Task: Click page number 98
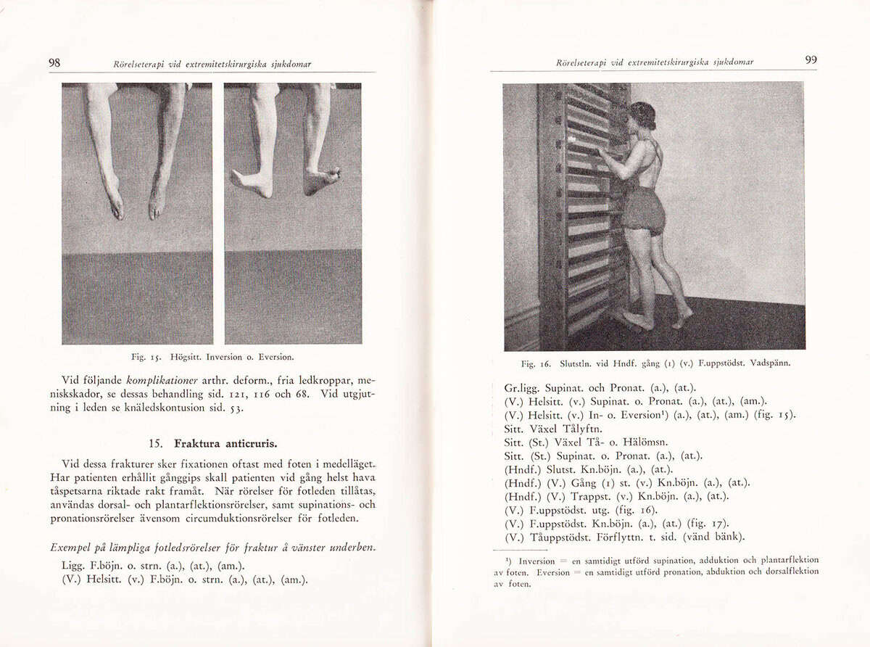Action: tap(54, 63)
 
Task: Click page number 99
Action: tap(811, 60)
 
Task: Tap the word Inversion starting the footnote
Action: tap(537, 561)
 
